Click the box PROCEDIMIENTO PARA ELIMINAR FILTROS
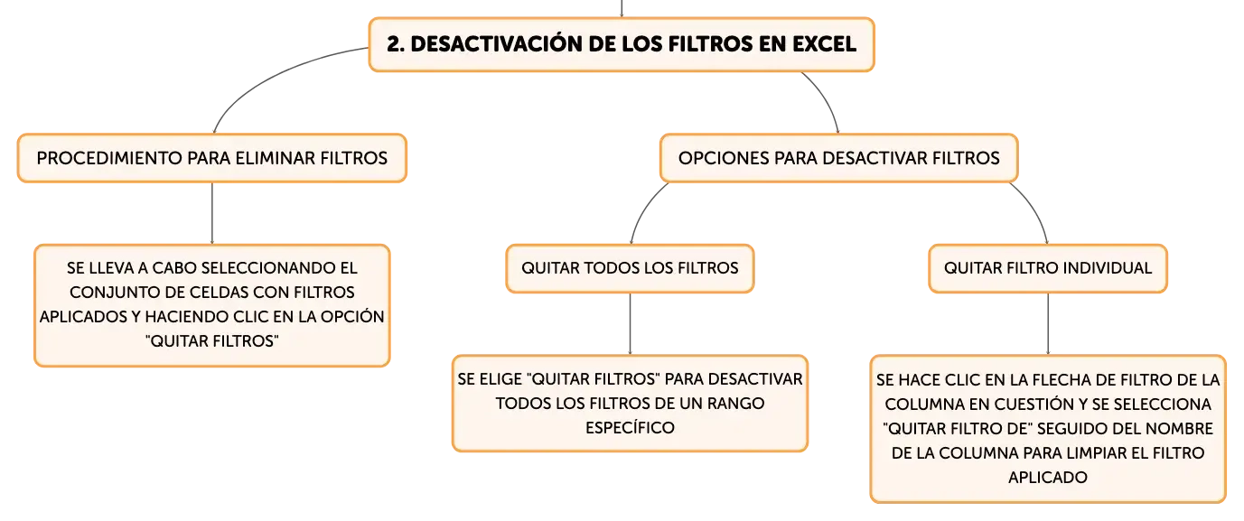[x=212, y=158]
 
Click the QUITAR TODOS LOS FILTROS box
[x=630, y=268]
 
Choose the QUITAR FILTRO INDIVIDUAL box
[x=1048, y=268]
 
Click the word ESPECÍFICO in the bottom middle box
[x=630, y=427]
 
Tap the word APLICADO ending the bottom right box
[x=1048, y=477]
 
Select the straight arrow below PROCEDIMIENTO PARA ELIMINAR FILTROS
[x=212, y=214]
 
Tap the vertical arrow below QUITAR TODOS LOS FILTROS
[x=630, y=324]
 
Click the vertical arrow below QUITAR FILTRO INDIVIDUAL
[x=1048, y=324]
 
